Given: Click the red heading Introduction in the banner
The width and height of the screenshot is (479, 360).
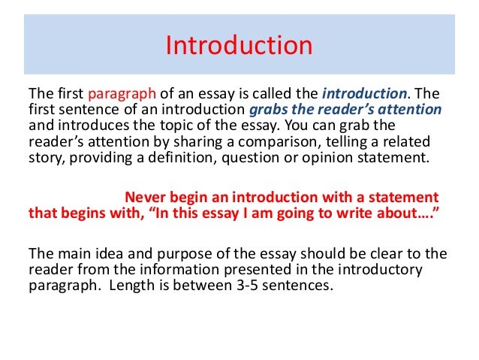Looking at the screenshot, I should pyautogui.click(x=239, y=46).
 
